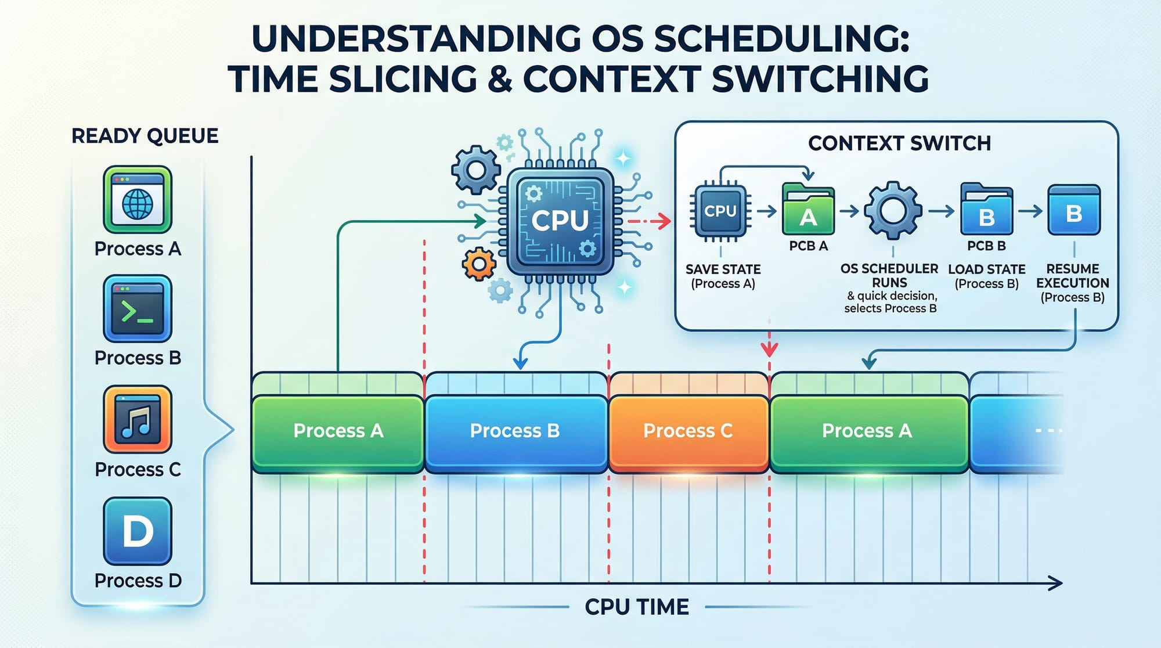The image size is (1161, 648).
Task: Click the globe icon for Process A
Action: tap(138, 200)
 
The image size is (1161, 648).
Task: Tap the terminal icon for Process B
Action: tap(138, 308)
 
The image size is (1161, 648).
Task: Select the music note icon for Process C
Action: tap(138, 419)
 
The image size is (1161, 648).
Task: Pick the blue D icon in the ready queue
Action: tap(138, 531)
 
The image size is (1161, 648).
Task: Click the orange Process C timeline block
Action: tap(688, 431)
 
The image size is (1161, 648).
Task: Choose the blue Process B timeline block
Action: tap(515, 431)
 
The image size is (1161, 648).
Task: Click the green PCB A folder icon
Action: tap(808, 210)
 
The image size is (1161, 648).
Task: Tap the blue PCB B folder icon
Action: tap(986, 210)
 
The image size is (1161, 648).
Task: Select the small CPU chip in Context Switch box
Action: tap(720, 211)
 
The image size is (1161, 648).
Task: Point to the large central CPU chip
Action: tap(560, 221)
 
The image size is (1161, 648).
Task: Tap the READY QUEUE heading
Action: tap(145, 136)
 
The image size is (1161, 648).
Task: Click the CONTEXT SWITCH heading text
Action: tap(899, 143)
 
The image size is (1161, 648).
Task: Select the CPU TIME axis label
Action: tap(637, 607)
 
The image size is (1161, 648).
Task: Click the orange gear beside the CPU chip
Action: tap(479, 264)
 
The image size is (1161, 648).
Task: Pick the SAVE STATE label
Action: tap(723, 269)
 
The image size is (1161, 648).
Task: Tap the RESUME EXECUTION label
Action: tap(1073, 276)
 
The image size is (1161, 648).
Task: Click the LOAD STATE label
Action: tap(986, 269)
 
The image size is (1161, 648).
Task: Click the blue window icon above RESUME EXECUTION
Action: tap(1074, 210)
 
